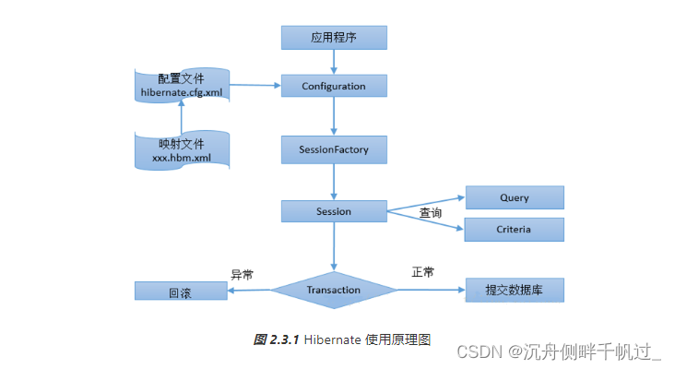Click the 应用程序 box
point(334,38)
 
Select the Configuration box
point(334,87)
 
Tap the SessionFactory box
point(334,149)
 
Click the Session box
point(334,211)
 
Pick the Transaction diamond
point(334,290)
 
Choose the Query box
point(514,197)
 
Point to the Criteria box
point(514,229)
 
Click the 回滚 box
point(180,292)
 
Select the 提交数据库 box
point(514,291)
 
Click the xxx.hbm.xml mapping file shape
point(182,150)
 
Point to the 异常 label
point(242,274)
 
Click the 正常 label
point(422,272)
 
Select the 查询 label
point(431,213)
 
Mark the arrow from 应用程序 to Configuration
point(334,62)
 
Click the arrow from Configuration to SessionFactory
point(334,116)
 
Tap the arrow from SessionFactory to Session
point(334,180)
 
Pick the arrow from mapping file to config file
point(182,117)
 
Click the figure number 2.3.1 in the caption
point(283,339)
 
